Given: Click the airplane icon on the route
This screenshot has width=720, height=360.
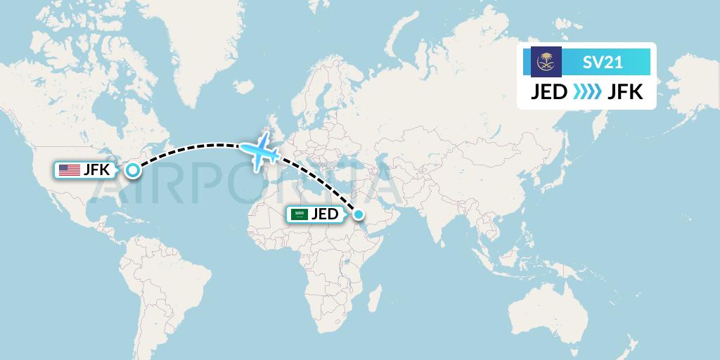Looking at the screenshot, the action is coord(259,149).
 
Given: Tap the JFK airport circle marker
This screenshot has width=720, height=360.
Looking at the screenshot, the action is coord(132,169).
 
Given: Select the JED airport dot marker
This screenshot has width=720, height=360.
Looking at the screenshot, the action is coord(359,214).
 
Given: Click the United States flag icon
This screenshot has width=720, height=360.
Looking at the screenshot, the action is coord(70,169).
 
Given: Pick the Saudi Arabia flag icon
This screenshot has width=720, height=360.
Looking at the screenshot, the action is coord(301,214).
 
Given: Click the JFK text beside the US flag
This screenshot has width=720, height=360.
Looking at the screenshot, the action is coord(96,169).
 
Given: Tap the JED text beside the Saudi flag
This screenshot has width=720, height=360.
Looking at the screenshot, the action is coord(325,214).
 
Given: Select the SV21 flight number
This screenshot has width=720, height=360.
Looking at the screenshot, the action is coord(603,63).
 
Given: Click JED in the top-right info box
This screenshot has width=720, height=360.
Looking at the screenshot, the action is coord(548,92).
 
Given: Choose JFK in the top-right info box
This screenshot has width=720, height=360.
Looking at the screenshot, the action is coord(625,92).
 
